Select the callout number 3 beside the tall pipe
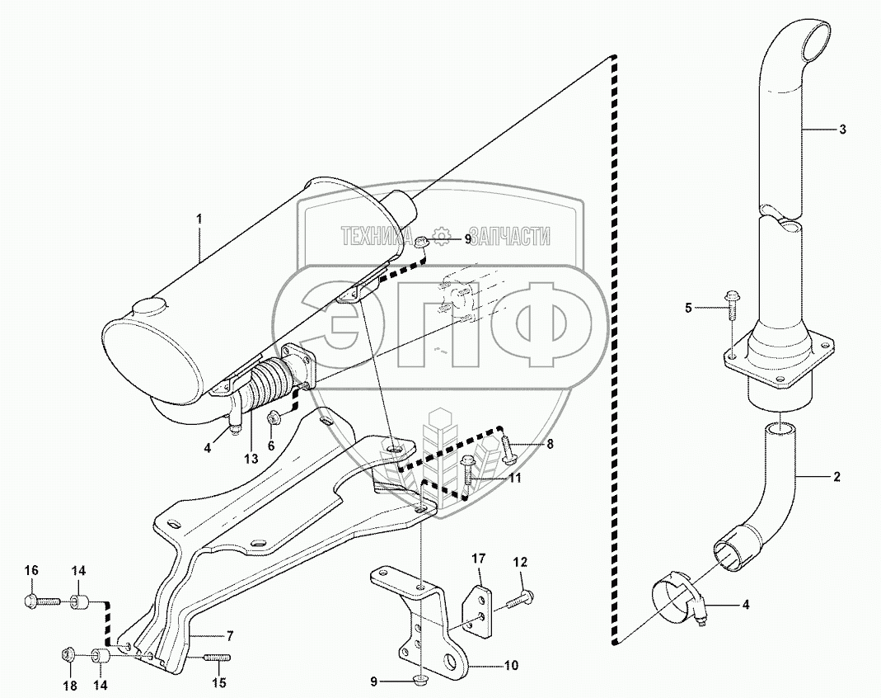pyautogui.click(x=842, y=130)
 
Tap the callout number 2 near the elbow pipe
pyautogui.click(x=836, y=477)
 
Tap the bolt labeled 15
pyautogui.click(x=215, y=657)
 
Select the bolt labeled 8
pyautogui.click(x=506, y=450)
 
